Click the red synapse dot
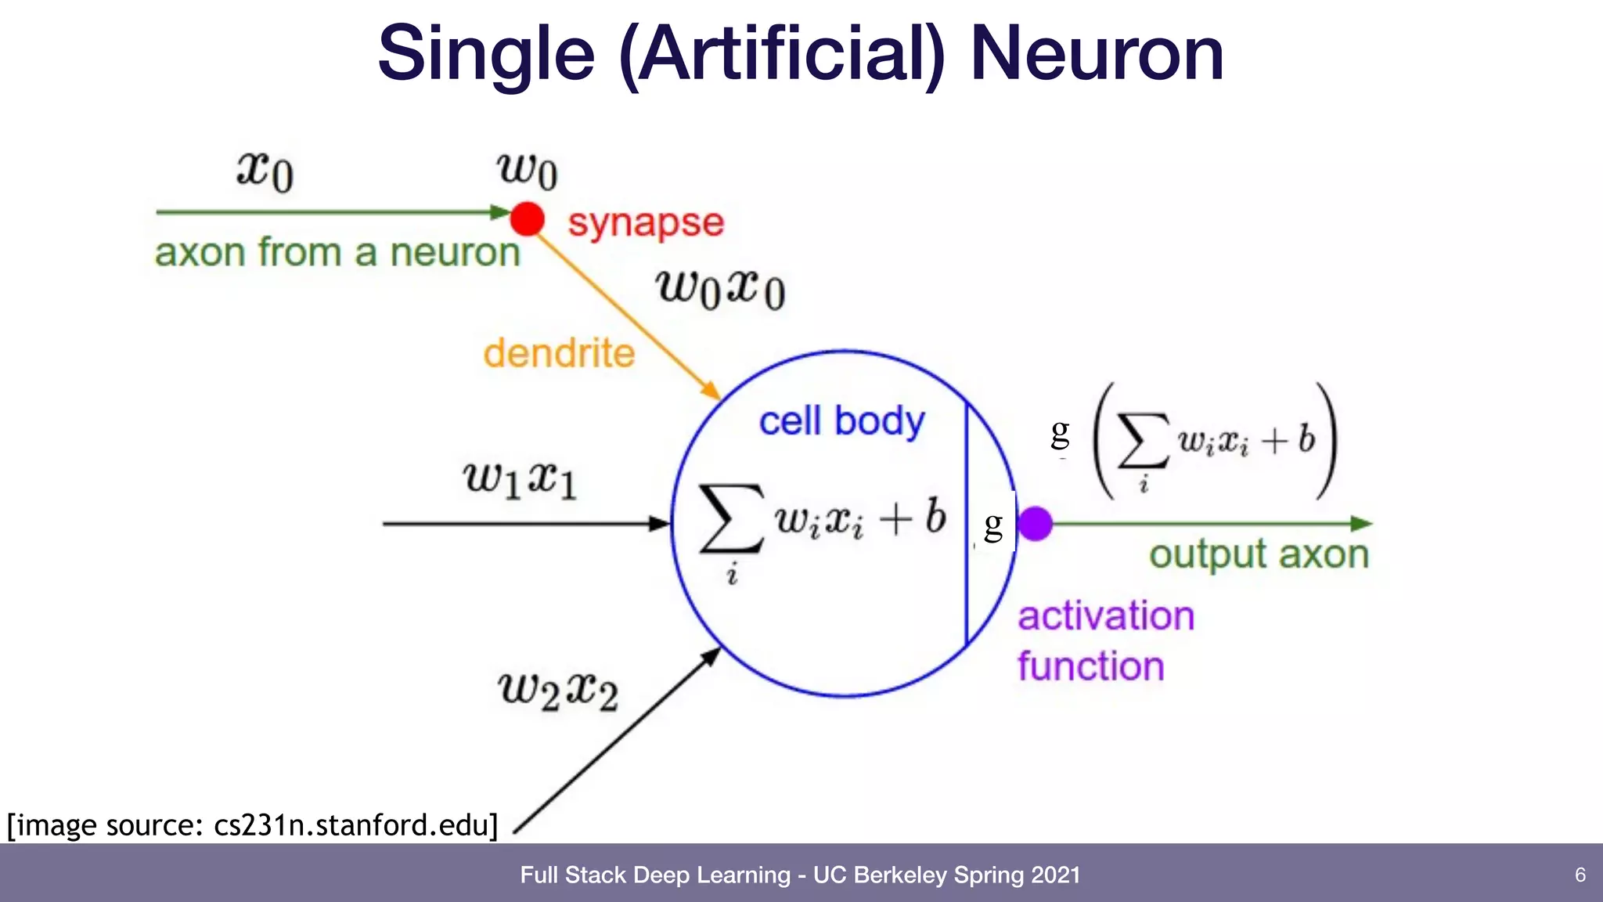(527, 218)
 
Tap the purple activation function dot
(1036, 523)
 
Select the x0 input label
(265, 170)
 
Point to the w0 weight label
(527, 170)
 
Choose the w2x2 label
(558, 691)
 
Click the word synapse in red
(646, 223)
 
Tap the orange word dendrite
(559, 353)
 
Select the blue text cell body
(841, 421)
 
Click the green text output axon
(1259, 554)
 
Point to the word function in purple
(1091, 666)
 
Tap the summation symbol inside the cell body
(731, 518)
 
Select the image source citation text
(252, 825)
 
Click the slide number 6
(1580, 875)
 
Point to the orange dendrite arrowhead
(711, 390)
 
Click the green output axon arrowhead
(1361, 523)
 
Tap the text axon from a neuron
(337, 253)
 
